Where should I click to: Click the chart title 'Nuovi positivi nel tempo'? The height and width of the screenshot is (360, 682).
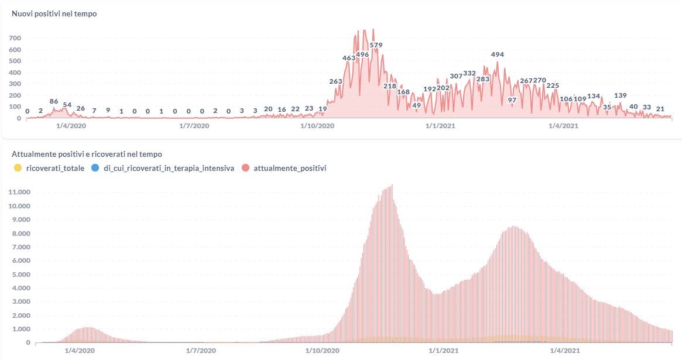pos(54,14)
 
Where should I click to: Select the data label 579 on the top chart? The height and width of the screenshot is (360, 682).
pos(376,45)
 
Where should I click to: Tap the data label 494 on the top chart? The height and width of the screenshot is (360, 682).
pos(497,54)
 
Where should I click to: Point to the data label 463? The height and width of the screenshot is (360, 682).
pos(349,58)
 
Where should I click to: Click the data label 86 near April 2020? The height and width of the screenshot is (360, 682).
pos(54,101)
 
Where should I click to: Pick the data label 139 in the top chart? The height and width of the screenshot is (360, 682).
pos(621,95)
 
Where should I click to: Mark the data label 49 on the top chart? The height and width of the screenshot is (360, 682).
pos(417,105)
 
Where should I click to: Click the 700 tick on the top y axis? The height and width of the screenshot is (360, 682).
pos(15,38)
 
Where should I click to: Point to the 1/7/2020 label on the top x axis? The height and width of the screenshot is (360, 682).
pos(194,125)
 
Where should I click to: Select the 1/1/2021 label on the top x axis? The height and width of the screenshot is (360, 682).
pos(440,125)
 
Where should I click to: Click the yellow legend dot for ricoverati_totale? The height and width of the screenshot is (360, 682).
pos(18,168)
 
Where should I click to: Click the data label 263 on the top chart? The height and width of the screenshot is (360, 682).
pos(335,81)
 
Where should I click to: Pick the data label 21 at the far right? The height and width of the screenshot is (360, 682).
pos(660,108)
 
